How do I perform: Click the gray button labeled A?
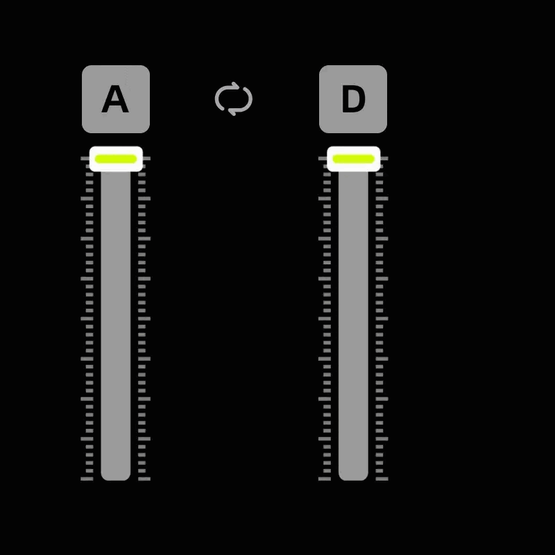click(116, 99)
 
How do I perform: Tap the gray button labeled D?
click(353, 99)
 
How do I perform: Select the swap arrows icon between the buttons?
click(234, 99)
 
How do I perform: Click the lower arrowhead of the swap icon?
click(232, 112)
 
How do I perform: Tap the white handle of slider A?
click(116, 159)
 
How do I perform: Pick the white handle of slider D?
click(354, 159)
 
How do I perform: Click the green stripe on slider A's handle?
click(116, 159)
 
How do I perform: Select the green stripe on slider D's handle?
click(354, 159)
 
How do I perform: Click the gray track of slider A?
click(116, 325)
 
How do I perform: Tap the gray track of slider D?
click(353, 325)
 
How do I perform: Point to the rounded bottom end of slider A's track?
click(116, 477)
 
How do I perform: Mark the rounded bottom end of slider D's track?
click(353, 477)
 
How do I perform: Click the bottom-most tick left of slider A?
click(87, 479)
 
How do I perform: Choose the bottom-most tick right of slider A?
click(144, 479)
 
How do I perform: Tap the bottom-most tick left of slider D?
click(325, 479)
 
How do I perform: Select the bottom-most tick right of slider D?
click(382, 479)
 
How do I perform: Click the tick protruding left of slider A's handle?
click(85, 159)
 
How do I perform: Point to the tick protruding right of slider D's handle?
click(384, 159)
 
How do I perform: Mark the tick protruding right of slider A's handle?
click(147, 159)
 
